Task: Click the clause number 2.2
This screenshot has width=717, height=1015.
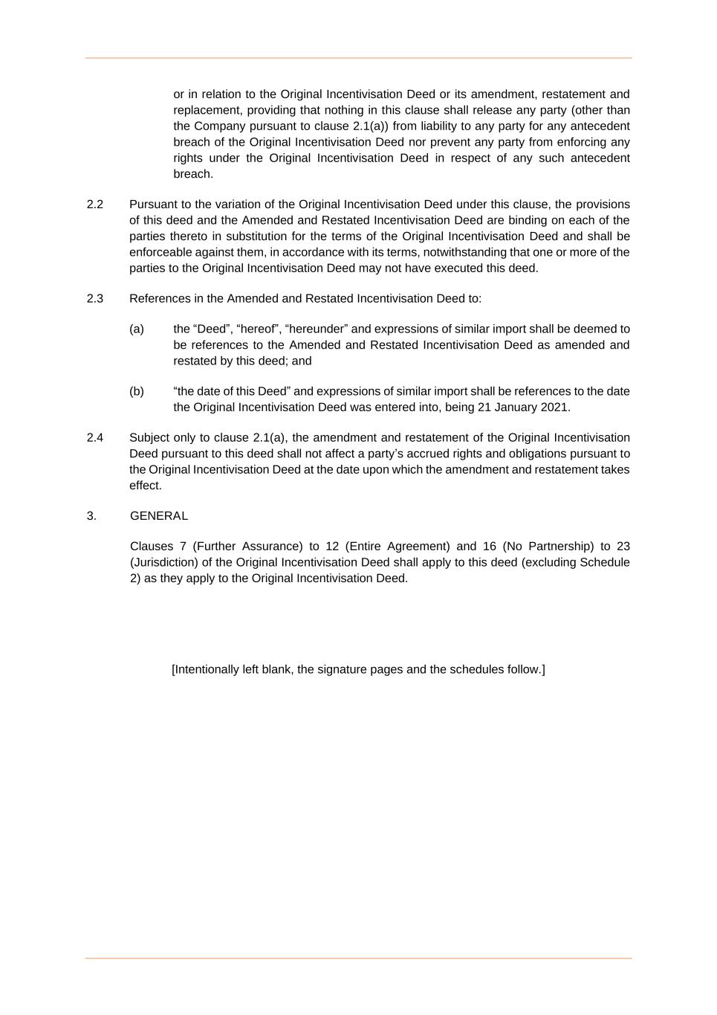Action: (x=95, y=204)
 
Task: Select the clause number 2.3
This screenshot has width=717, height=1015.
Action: (x=95, y=299)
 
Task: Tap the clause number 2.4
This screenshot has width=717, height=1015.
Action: (x=95, y=438)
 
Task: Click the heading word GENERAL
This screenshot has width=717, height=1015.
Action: (x=159, y=516)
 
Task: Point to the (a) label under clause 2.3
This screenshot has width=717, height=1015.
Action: (x=137, y=329)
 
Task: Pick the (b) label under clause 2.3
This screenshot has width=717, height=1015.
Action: (x=137, y=392)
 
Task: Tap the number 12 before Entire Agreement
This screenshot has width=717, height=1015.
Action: (x=332, y=547)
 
